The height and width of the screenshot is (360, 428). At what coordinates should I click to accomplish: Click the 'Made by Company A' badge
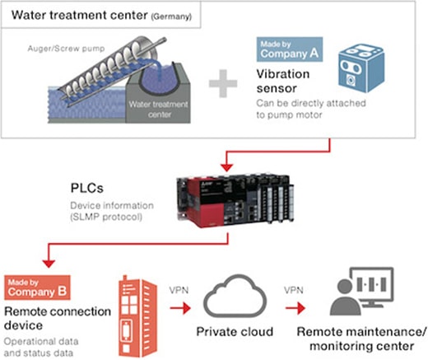coord(290,49)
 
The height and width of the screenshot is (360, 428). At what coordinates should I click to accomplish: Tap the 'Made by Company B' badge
coord(37,288)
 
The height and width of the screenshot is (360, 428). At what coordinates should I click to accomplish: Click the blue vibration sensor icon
coord(361,68)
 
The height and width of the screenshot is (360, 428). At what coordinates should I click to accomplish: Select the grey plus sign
coord(223,83)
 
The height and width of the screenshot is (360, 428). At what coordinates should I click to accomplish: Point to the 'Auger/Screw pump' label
coord(66,49)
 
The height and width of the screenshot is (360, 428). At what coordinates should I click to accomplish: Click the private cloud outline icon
coord(235,296)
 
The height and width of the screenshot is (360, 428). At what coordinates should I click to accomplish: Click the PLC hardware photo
coord(235,200)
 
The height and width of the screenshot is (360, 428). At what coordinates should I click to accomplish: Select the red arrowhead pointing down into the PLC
coord(227,167)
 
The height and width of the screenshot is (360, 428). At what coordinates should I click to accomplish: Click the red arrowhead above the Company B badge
coord(49,264)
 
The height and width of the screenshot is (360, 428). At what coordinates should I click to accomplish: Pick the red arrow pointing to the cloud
coord(180,308)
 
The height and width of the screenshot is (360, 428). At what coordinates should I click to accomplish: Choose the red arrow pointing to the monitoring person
coord(295,308)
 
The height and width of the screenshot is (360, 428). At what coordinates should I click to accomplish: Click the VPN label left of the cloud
coord(179,290)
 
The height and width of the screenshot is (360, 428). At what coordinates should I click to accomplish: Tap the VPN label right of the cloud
coord(294,290)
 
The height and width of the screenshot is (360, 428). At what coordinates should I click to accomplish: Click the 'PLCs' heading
coord(87,188)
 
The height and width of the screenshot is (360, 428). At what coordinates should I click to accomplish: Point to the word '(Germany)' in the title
coord(171,16)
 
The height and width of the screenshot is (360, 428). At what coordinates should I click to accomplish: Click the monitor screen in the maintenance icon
coord(372,284)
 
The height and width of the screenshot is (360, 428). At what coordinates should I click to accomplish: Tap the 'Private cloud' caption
coord(235,332)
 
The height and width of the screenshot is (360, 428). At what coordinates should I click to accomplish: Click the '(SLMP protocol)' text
coord(106,217)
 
